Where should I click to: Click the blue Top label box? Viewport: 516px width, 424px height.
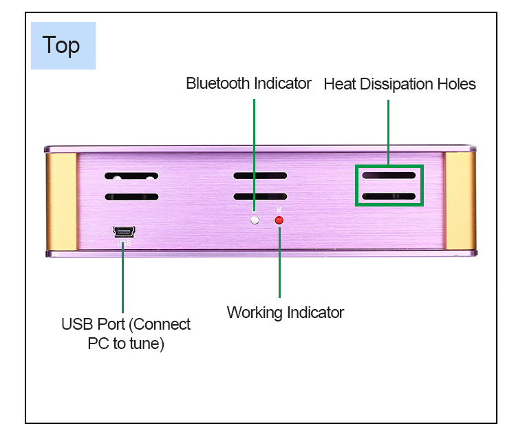[x=63, y=45]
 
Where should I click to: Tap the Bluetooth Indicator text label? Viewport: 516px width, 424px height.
[x=248, y=84]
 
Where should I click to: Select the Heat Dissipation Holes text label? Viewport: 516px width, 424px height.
[x=400, y=85]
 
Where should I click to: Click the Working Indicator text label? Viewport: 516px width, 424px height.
[x=286, y=312]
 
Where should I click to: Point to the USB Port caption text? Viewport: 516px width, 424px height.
[x=126, y=333]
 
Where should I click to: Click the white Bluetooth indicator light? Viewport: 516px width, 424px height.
[x=255, y=220]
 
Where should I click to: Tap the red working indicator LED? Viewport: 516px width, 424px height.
[x=279, y=220]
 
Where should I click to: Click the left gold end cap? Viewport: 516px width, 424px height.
[x=61, y=201]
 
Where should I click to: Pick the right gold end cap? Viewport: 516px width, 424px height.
[x=460, y=201]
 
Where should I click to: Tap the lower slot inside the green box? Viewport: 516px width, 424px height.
[x=389, y=197]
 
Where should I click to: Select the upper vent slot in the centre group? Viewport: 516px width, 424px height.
[x=260, y=176]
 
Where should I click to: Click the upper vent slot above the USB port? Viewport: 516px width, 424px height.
[x=131, y=176]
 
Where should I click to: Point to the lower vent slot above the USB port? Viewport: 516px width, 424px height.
[x=131, y=197]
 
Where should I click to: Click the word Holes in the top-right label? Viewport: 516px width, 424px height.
[x=456, y=85]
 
